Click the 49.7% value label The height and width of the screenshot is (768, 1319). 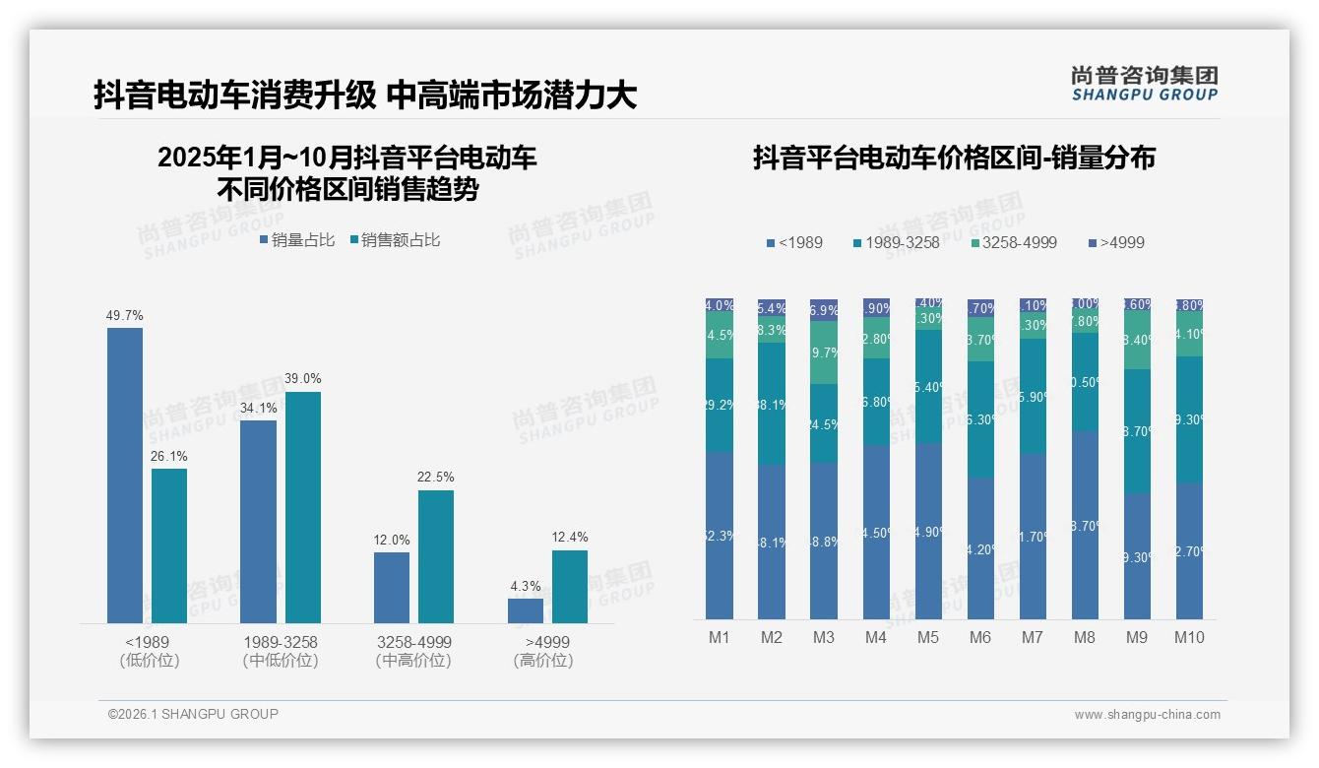(x=125, y=316)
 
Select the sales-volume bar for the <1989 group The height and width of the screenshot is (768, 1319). (x=125, y=475)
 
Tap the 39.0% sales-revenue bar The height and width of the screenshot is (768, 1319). (x=303, y=507)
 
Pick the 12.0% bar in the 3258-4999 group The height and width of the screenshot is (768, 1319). (x=392, y=588)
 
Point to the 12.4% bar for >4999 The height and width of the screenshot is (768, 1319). (x=570, y=587)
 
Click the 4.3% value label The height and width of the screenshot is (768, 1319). (x=526, y=587)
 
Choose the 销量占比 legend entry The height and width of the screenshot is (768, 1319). (x=297, y=240)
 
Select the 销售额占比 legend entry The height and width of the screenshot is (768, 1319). (x=395, y=240)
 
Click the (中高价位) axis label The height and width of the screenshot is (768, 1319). (x=413, y=661)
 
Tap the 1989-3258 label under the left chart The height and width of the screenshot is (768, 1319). (x=281, y=642)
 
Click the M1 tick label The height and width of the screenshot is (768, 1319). (x=720, y=638)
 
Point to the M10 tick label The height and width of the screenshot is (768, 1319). (x=1189, y=638)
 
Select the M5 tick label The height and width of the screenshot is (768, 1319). (x=928, y=638)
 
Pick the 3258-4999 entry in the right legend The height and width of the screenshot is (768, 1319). (x=1013, y=242)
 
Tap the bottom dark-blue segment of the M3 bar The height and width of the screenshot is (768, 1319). (x=824, y=541)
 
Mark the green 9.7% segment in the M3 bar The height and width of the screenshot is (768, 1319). (x=824, y=352)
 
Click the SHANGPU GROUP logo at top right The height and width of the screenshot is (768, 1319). (x=1144, y=84)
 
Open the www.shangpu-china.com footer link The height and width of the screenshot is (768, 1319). (x=1147, y=715)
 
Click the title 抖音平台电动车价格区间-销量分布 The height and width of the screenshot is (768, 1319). (x=954, y=158)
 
